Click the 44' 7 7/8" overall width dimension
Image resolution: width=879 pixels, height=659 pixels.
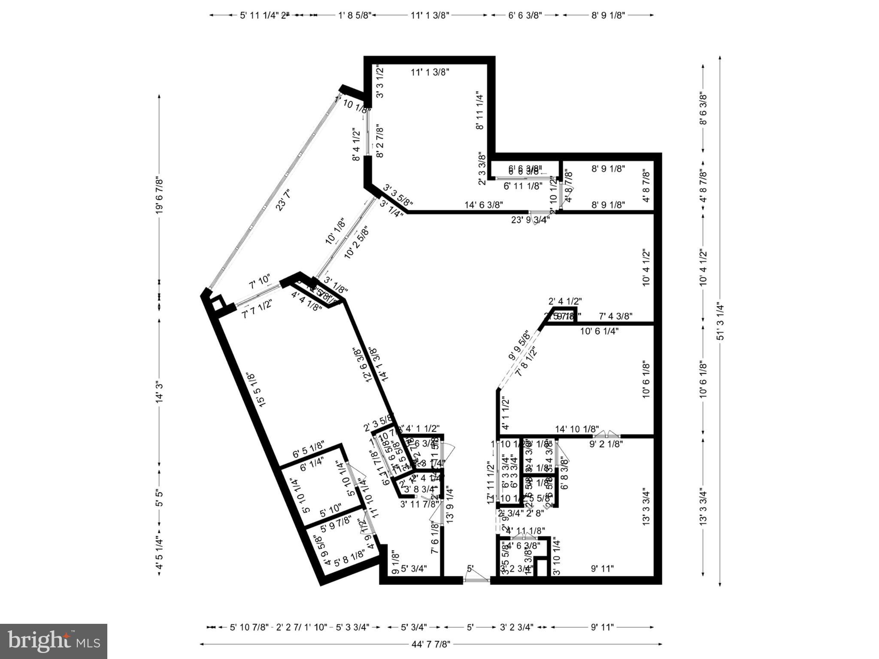coord(430,644)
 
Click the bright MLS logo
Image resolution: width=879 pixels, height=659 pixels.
coord(54,641)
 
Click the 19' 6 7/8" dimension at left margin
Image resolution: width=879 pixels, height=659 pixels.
coord(159,189)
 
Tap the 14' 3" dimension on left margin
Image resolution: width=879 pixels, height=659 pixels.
coord(159,392)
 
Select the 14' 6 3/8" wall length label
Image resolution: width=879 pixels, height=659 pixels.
coord(484,205)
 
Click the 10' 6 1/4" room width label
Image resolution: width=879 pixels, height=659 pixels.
coord(599,331)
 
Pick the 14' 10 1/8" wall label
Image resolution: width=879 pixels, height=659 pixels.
coord(577,429)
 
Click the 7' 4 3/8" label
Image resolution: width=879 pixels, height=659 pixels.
coord(616,317)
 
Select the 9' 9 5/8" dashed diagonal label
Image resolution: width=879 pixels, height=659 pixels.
coord(519,345)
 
